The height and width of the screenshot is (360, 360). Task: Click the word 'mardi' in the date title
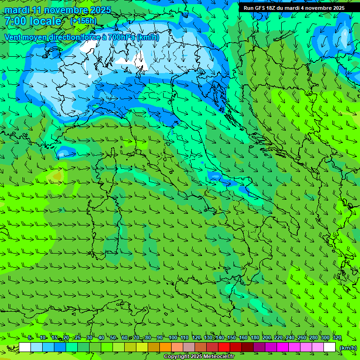pyautogui.click(x=17, y=10)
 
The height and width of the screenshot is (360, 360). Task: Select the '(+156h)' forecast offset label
pyautogui.click(x=83, y=21)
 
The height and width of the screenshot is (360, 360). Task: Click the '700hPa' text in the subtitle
pyautogui.click(x=122, y=37)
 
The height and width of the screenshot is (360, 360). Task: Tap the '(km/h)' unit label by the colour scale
pyautogui.click(x=348, y=348)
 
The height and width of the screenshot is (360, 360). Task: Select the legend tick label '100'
pyautogui.click(x=173, y=337)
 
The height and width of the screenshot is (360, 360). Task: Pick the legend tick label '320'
pyautogui.click(x=337, y=337)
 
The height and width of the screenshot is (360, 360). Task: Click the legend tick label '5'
pyautogui.click(x=30, y=337)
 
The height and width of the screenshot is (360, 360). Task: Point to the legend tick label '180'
pyautogui.click(x=255, y=337)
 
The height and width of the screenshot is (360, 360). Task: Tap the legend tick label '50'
pyautogui.click(x=113, y=337)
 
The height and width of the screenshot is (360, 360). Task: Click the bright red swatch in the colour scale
pyautogui.click(x=224, y=347)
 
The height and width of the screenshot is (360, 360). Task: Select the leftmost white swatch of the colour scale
pyautogui.click(x=25, y=347)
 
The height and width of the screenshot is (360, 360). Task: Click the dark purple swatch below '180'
pyautogui.click(x=259, y=347)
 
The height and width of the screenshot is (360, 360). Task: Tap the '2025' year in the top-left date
pyautogui.click(x=100, y=10)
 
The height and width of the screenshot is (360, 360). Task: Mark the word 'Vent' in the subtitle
pyautogui.click(x=13, y=37)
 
